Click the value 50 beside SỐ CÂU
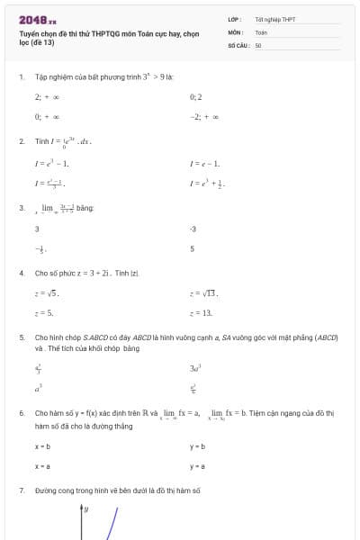258,44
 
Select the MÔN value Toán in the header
261,31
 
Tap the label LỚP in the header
234,19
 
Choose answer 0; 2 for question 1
196,96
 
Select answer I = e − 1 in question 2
205,163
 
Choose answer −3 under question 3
193,229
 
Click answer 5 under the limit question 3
192,248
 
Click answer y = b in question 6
198,446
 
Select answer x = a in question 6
42,466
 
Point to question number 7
21,490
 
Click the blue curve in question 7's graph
112,526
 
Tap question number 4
21,272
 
